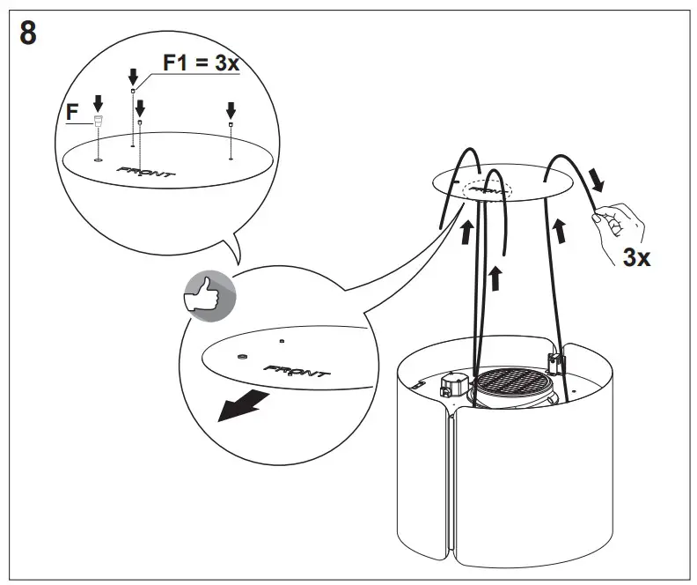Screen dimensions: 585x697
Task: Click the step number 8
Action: click(x=28, y=36)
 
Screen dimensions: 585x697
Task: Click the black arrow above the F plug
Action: click(x=98, y=103)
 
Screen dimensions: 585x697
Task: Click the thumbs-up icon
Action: click(x=208, y=294)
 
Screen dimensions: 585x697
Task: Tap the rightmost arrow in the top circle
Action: click(x=231, y=110)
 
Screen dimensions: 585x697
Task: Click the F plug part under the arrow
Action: click(x=98, y=122)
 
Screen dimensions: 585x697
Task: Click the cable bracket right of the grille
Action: click(x=554, y=361)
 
